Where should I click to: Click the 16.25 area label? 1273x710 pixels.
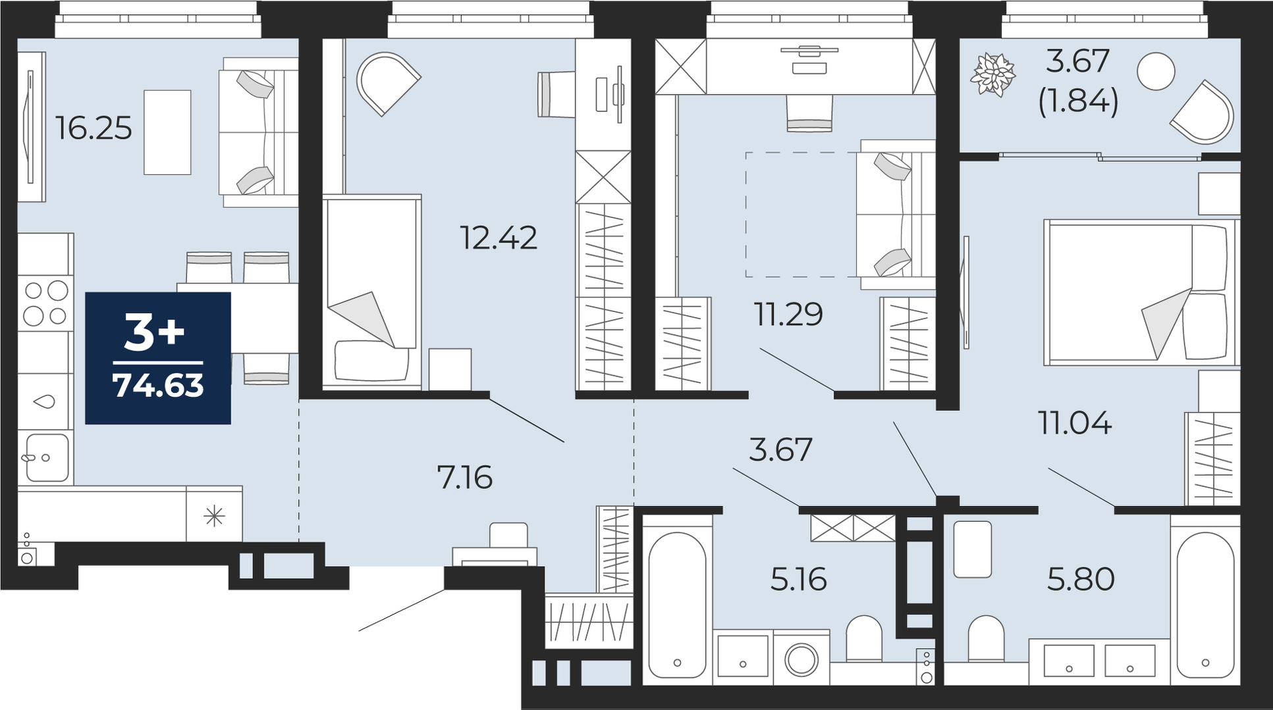tap(94, 128)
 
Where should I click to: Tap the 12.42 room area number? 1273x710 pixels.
tap(499, 238)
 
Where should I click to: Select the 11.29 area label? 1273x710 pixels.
tap(788, 314)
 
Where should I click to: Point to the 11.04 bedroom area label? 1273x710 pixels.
tap(1075, 422)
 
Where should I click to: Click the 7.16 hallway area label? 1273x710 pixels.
tap(465, 477)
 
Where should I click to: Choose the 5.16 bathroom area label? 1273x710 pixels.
tap(798, 580)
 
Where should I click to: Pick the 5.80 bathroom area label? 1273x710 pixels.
tap(1081, 580)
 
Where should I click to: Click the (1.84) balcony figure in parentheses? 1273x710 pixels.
tap(1078, 102)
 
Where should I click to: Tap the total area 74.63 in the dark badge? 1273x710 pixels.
tap(158, 386)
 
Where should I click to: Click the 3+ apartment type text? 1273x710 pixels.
tap(155, 333)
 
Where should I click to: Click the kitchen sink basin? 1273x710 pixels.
tap(46, 457)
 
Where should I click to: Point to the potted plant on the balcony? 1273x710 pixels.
tap(992, 75)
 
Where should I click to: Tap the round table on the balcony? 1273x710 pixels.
tap(1156, 70)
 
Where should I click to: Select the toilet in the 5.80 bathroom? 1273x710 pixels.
tap(986, 638)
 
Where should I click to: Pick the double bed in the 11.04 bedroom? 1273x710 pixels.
tap(1139, 292)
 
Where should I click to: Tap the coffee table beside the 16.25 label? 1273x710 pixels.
tap(167, 132)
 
